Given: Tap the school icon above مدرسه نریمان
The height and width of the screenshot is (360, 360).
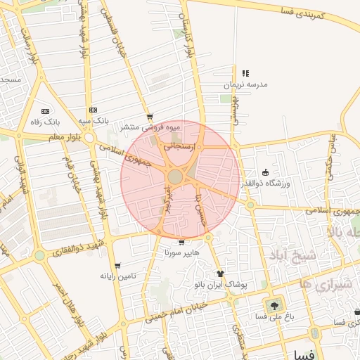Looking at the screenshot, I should tap(245, 73).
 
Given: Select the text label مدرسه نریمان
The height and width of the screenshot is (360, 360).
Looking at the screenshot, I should tap(245, 84).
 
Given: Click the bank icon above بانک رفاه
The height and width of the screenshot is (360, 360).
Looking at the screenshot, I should tap(46, 111).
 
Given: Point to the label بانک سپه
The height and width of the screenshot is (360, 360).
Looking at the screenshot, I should tap(93, 121).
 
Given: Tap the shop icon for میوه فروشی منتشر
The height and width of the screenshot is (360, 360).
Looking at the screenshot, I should tap(149, 117).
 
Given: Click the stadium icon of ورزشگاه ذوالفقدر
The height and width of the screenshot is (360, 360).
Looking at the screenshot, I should tap(265, 172).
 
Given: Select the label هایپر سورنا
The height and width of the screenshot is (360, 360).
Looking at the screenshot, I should tap(182, 252).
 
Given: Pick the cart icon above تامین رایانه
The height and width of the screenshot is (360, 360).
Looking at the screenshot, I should tap(117, 266).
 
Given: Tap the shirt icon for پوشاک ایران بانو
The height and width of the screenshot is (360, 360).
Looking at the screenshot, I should tap(220, 274).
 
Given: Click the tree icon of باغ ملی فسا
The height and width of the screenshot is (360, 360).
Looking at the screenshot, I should tap(273, 305).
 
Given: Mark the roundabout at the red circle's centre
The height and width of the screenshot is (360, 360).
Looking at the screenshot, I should tap(176, 176).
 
